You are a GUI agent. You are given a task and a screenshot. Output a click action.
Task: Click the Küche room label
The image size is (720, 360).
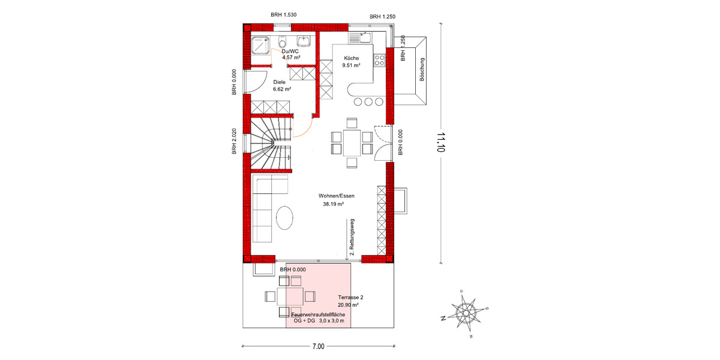coord(351,58)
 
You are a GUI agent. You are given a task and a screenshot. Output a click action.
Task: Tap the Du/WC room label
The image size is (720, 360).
coord(290,52)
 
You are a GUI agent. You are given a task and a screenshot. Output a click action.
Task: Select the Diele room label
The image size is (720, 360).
coord(279,82)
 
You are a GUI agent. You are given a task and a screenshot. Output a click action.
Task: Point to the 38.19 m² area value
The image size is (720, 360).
coord(333,204)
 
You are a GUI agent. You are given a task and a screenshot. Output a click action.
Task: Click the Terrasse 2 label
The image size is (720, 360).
coord(351,297)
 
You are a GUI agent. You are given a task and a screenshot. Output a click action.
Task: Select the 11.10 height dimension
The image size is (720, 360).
coord(442,143)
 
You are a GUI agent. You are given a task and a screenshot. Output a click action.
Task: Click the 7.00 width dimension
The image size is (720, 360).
coord(318,346)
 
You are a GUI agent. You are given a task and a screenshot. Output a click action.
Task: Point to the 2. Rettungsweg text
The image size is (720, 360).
coord(352,238)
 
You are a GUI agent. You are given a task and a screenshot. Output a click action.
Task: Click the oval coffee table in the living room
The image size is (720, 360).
coord(285,217)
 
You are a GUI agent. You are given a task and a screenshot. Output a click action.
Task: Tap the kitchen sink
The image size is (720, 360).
coord(362,38)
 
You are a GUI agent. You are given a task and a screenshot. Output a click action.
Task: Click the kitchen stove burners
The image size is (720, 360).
coord(379,59)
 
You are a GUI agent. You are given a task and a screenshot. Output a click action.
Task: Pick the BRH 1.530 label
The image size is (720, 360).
coord(284,14)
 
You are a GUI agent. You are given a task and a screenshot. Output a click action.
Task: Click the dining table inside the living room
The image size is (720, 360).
coord(352,143)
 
